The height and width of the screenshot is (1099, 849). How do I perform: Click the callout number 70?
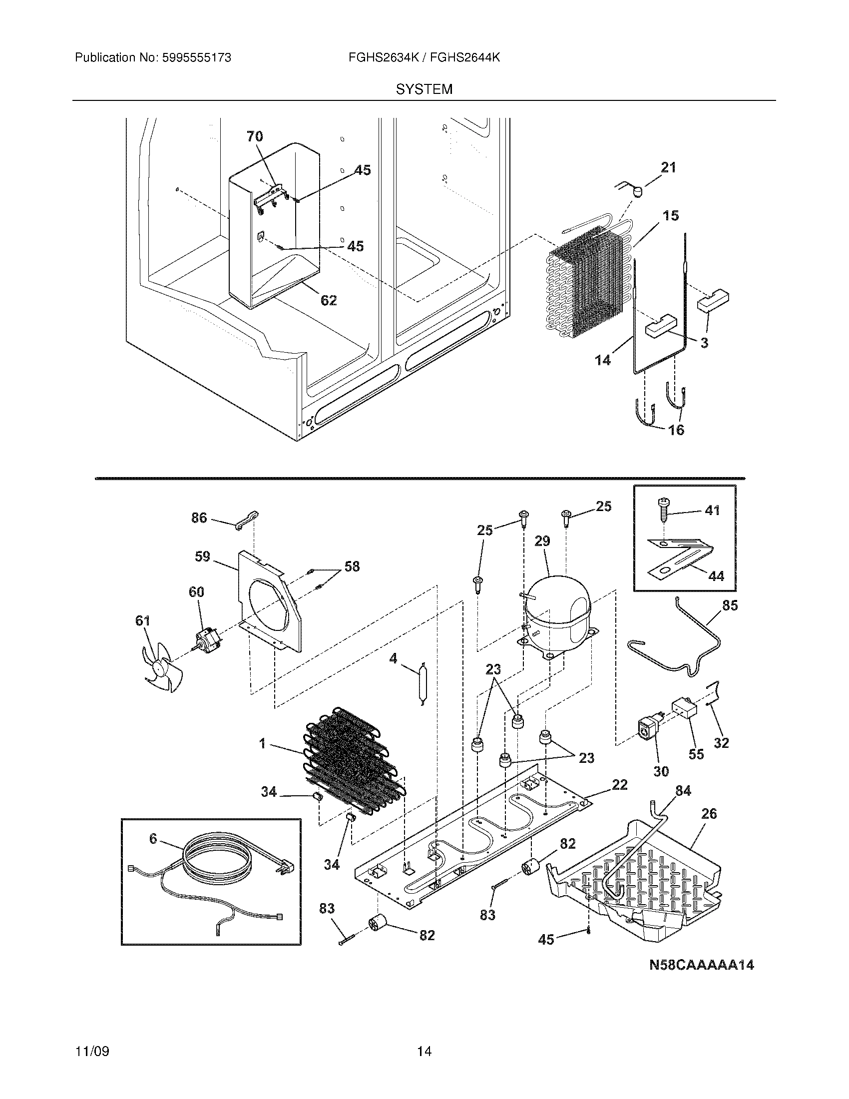click(255, 136)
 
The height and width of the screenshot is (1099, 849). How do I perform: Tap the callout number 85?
click(730, 605)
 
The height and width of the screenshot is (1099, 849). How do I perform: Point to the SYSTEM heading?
click(424, 89)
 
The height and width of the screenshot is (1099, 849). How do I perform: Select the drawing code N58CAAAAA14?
click(701, 965)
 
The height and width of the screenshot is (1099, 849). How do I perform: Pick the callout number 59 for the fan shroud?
click(202, 556)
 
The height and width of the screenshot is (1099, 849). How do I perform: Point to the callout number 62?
click(329, 300)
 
